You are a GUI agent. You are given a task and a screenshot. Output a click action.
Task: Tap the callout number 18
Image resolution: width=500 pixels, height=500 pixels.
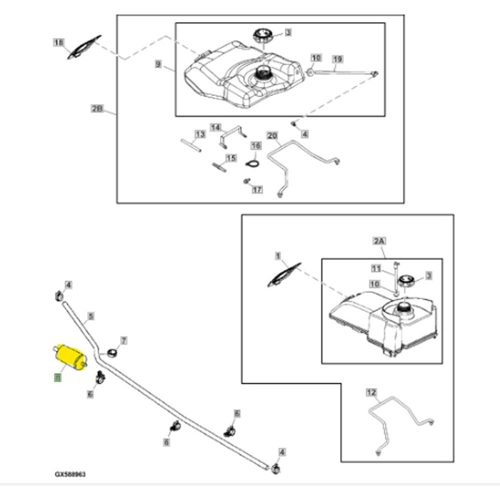click(x=59, y=43)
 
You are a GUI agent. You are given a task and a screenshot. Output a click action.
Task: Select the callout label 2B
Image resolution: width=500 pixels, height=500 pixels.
click(x=98, y=109)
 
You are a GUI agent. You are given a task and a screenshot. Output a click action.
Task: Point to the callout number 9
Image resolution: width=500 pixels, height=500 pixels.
click(x=159, y=64)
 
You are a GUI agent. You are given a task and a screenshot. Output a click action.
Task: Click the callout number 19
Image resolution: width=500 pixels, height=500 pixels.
click(x=338, y=58)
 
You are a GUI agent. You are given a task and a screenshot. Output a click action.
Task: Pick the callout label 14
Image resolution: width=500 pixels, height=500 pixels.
click(x=215, y=126)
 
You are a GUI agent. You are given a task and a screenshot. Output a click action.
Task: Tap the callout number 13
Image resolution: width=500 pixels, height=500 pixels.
click(x=200, y=134)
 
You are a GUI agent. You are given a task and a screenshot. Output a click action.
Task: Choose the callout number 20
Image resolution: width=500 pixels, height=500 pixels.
click(x=271, y=135)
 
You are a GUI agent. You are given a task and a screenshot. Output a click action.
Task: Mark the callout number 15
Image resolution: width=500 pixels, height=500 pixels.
click(x=230, y=158)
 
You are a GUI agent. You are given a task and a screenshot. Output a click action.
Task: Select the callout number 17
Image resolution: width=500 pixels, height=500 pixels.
click(x=258, y=190)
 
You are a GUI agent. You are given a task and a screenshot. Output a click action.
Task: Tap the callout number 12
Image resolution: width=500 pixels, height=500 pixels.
click(x=370, y=392)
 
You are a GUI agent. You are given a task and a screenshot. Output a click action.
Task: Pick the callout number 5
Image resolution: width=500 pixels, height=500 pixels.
click(x=90, y=315)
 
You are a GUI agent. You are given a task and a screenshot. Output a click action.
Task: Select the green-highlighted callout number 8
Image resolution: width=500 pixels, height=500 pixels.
click(x=56, y=379)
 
